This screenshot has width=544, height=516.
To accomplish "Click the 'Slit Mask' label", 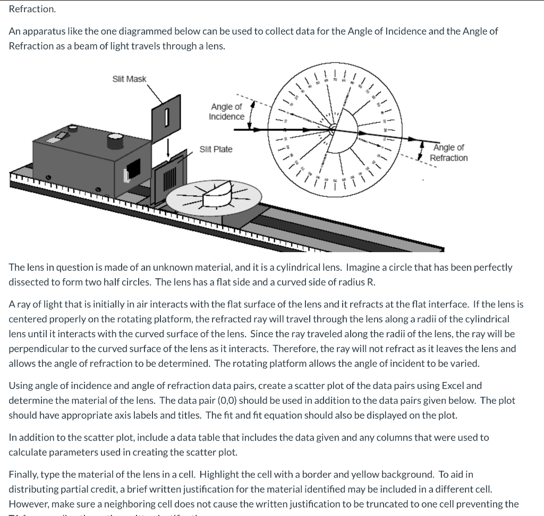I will tap(129, 79).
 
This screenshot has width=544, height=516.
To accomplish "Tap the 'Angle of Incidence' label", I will tap(227, 112).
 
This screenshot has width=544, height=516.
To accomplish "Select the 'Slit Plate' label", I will tap(216, 149).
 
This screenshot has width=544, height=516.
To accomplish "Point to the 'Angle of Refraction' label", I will tap(449, 153).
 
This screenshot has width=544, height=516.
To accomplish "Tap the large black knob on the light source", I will tap(115, 141).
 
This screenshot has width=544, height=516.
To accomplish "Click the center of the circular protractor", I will tap(333, 129).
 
